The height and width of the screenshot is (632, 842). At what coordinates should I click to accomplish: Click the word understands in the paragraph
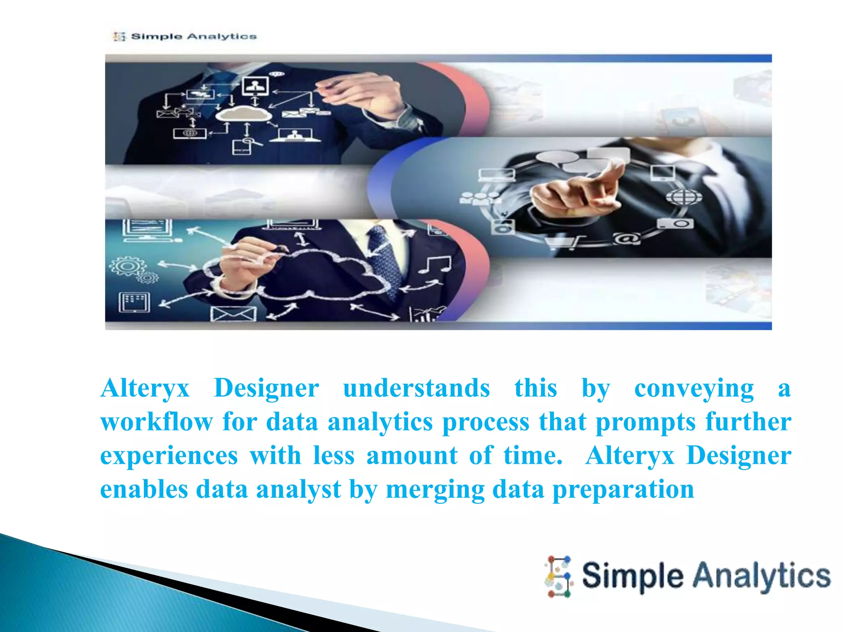[x=416, y=388]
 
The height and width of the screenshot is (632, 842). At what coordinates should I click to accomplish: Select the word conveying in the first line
[x=694, y=388]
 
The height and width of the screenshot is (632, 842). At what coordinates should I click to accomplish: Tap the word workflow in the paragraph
[x=156, y=422]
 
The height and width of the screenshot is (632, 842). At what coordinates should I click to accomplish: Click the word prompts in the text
[x=645, y=422]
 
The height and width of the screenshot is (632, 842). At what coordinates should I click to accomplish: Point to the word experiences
[x=169, y=455]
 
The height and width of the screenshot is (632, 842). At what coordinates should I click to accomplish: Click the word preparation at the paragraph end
[x=623, y=489]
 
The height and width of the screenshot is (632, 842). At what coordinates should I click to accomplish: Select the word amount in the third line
[x=412, y=455]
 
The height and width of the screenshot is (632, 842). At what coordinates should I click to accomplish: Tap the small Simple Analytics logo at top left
[x=185, y=37]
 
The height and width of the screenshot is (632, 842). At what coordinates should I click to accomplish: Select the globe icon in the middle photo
[x=684, y=196]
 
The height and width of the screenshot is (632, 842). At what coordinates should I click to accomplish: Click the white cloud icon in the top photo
[x=243, y=113]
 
